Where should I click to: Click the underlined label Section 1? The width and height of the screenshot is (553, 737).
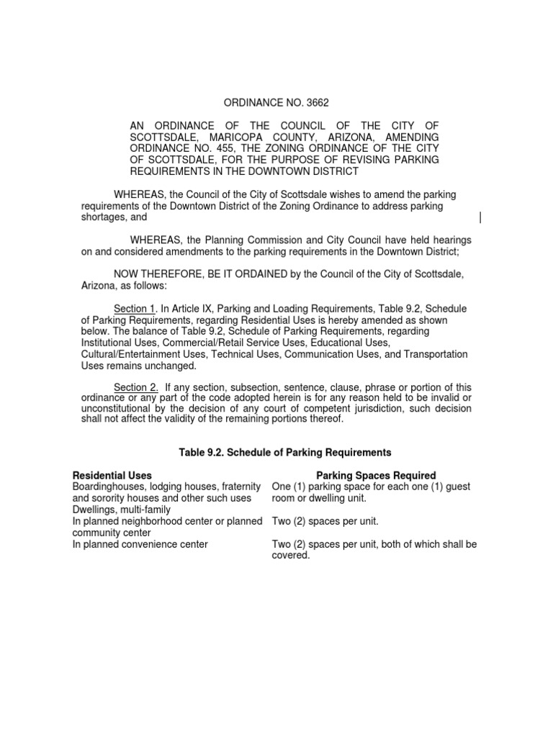(136, 309)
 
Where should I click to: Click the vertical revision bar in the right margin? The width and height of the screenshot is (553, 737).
(480, 218)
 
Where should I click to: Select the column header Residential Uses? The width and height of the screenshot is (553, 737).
(112, 475)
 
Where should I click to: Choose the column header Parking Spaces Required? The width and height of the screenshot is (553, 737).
(376, 475)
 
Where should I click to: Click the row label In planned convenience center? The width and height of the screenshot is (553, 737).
(140, 544)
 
